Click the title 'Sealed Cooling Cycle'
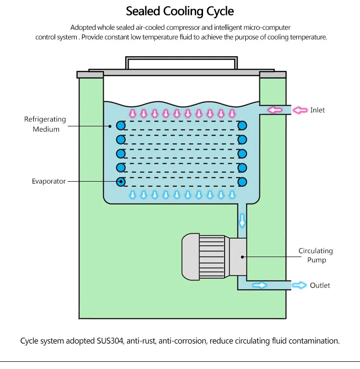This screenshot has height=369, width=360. click(x=180, y=11)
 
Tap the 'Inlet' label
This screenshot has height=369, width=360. click(x=317, y=110)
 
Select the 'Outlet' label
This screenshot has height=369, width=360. click(x=320, y=285)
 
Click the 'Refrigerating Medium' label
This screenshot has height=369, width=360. click(x=45, y=124)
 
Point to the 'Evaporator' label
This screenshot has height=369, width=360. click(x=48, y=181)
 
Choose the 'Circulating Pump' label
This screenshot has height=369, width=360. click(x=315, y=255)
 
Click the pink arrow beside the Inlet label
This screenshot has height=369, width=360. click(x=300, y=110)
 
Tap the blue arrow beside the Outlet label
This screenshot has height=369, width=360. click(x=300, y=285)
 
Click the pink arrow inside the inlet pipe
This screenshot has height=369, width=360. click(x=275, y=110)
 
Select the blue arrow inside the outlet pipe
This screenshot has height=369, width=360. click(x=259, y=285)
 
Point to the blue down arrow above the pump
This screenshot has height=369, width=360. click(x=242, y=221)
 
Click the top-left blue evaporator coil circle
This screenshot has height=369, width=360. click(x=121, y=125)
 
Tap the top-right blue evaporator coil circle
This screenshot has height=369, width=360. click(x=242, y=125)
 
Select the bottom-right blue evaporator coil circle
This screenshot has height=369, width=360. click(x=242, y=182)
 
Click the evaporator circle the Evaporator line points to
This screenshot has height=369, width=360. click(x=121, y=182)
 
